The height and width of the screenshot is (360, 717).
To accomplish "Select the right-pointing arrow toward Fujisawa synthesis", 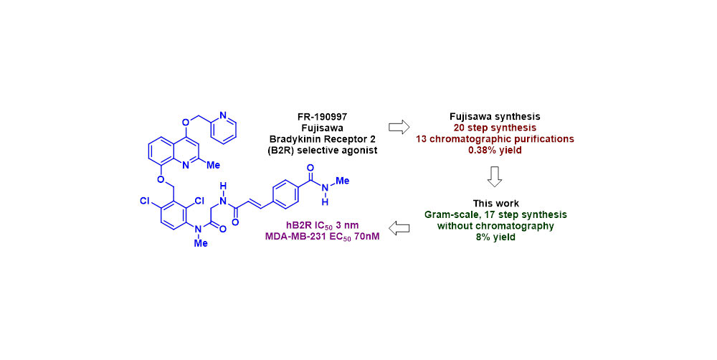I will pyautogui.click(x=398, y=126).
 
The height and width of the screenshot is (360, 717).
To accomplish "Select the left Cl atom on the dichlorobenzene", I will pyautogui.click(x=143, y=202).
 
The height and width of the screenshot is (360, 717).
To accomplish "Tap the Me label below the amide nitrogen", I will pyautogui.click(x=201, y=244).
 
